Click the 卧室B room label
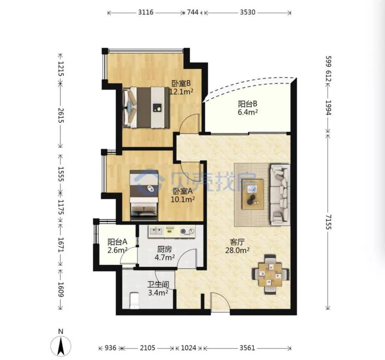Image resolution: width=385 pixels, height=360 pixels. point(181,83)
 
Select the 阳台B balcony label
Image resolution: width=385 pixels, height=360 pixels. point(247,104)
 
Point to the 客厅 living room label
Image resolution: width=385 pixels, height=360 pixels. point(237,242)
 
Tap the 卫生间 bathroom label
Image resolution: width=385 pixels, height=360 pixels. point(158,284)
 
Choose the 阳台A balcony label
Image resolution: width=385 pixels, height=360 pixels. point(117,242)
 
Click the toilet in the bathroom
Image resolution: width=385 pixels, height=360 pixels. point(134,300)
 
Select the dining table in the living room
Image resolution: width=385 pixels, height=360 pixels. point(270,274)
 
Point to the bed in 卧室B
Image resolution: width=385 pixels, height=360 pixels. point(147,107)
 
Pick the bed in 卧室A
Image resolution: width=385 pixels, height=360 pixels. point(144,195)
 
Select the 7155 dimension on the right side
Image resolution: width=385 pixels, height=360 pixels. point(328,222)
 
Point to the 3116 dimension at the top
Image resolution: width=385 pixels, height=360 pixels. point(145,12)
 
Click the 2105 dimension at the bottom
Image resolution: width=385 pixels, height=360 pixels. point(147,348)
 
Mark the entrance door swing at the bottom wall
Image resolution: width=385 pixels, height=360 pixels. point(220,303)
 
